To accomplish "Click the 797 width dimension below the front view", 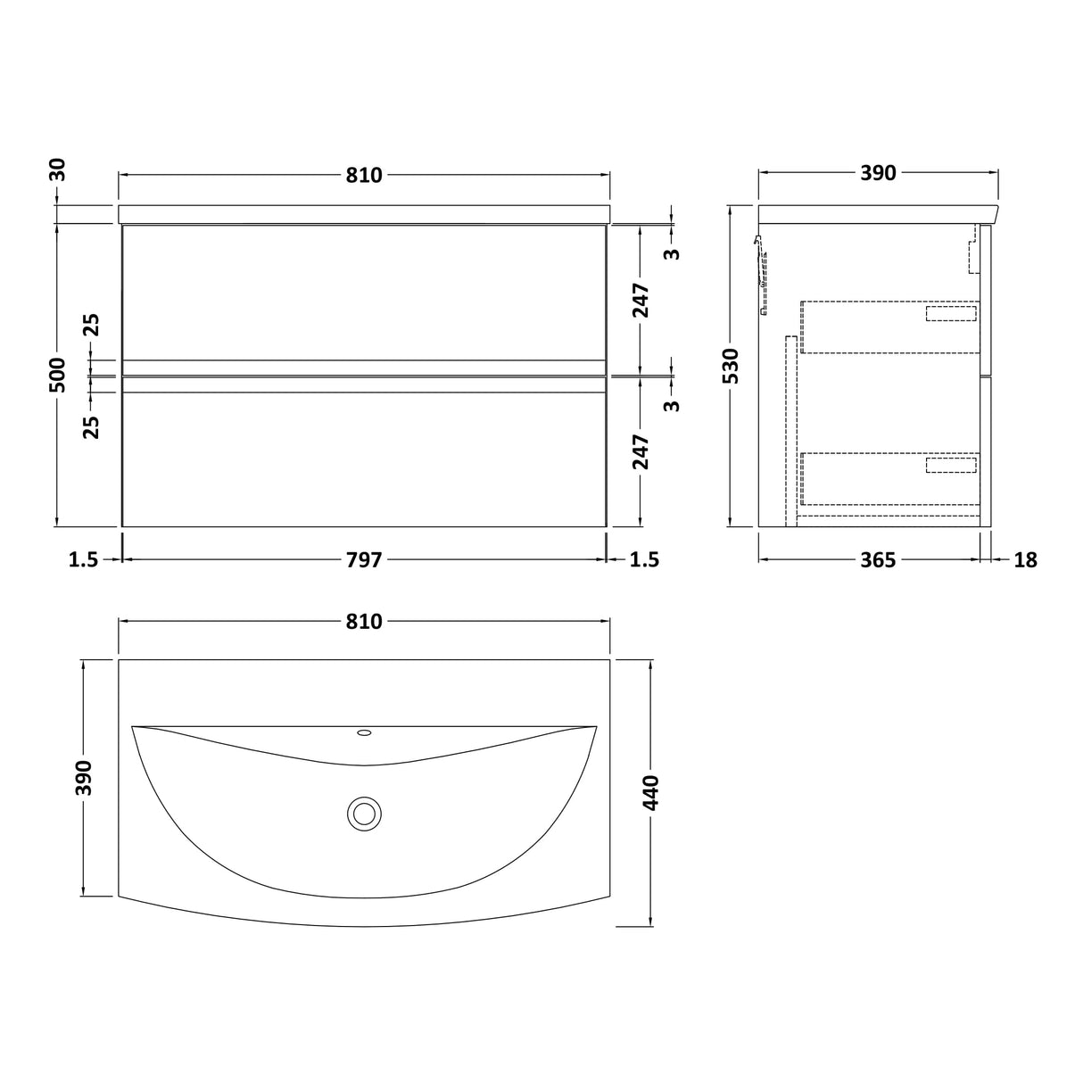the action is [x=364, y=559].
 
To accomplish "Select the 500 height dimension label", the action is [x=59, y=375].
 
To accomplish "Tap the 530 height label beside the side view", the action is [x=732, y=366].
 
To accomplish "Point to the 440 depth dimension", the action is [x=651, y=792].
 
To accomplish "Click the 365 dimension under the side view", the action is [x=878, y=559].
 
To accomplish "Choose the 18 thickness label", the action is [x=1025, y=559].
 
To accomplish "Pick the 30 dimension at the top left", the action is [x=59, y=169].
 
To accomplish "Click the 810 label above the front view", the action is [x=364, y=176].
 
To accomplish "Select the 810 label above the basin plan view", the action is [x=364, y=621].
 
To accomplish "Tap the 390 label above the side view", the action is [x=878, y=173].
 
